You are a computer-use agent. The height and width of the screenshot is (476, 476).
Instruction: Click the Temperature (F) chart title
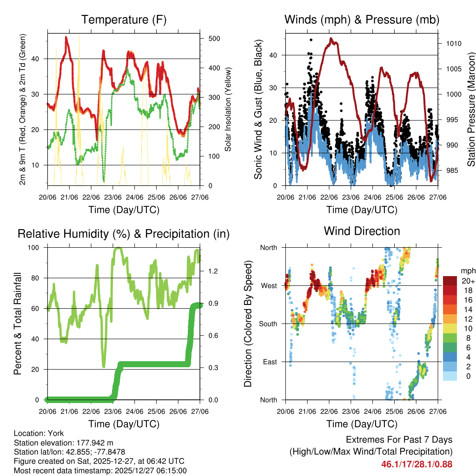124,20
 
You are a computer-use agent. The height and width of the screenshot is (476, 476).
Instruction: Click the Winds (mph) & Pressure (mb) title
362,20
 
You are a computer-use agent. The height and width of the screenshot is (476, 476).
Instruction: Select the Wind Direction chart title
362,231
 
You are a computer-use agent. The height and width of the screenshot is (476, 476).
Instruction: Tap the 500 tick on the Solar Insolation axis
214,39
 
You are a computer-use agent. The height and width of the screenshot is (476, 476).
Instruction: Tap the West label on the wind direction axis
268,285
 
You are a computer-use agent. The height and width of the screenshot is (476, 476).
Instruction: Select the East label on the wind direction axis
269,362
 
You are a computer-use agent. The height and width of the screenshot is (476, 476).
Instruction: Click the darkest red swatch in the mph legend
450,281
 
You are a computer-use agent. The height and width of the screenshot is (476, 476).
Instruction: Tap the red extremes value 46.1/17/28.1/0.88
416,464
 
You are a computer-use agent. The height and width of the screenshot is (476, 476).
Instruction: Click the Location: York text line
39,433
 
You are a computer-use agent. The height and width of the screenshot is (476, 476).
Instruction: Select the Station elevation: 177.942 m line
64,443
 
